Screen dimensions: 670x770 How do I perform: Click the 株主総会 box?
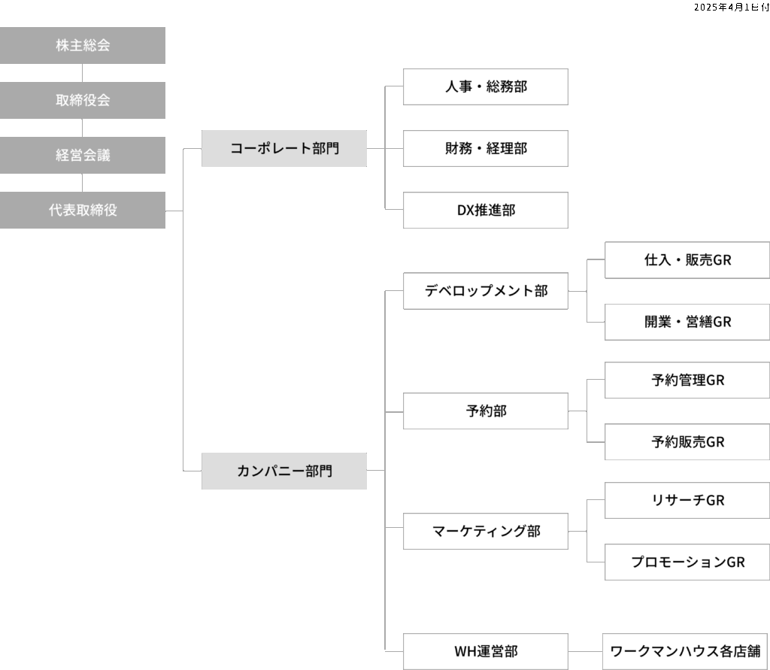(83, 45)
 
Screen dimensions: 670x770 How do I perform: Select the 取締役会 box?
(83, 100)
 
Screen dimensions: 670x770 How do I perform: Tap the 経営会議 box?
(83, 155)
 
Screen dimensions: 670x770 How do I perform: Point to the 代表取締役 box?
(83, 210)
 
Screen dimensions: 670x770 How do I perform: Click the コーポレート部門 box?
(284, 148)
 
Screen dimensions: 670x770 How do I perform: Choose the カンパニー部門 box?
(284, 471)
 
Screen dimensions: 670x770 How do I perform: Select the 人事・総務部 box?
(486, 86)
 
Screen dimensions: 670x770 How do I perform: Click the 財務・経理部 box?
(486, 148)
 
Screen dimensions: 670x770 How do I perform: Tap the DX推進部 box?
(486, 210)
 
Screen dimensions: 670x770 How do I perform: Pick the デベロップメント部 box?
(486, 291)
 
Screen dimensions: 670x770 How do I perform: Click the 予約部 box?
(486, 411)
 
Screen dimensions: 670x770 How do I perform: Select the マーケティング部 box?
(486, 531)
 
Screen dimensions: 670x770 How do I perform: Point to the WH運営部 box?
(486, 651)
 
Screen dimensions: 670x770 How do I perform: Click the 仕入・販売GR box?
(687, 260)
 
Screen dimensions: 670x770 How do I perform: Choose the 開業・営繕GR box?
(687, 322)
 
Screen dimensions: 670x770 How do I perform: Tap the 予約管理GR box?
(687, 380)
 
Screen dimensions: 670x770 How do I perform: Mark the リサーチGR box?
(687, 500)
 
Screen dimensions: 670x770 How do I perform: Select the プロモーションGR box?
(687, 562)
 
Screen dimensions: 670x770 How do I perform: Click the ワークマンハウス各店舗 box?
(685, 651)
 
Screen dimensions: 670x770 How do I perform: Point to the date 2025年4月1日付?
(731, 7)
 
